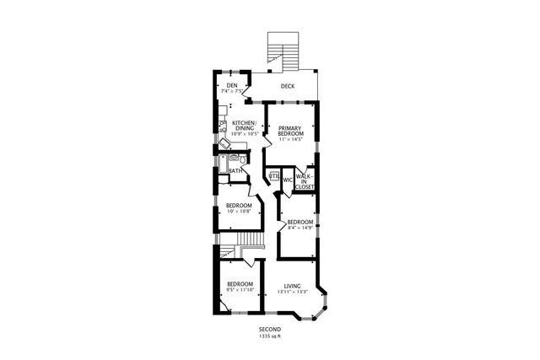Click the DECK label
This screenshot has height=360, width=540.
tap(288, 86)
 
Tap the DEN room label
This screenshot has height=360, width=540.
tap(230, 85)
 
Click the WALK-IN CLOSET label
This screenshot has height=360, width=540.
tap(305, 180)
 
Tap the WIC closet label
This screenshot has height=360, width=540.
tap(288, 180)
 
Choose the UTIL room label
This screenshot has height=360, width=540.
tap(274, 176)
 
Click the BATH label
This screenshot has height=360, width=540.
tap(235, 171)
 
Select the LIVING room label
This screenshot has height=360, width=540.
tap(292, 286)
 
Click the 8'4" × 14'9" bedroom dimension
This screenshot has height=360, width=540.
tap(300, 227)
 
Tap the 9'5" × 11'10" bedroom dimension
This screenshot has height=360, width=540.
tap(240, 290)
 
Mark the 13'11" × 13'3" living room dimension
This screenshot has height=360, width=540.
tap(292, 292)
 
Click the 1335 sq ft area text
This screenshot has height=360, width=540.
tap(270, 336)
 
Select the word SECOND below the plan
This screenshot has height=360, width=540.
tap(270, 330)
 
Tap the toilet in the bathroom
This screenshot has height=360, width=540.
tap(241, 159)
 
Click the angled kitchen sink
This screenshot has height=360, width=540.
tap(224, 143)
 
